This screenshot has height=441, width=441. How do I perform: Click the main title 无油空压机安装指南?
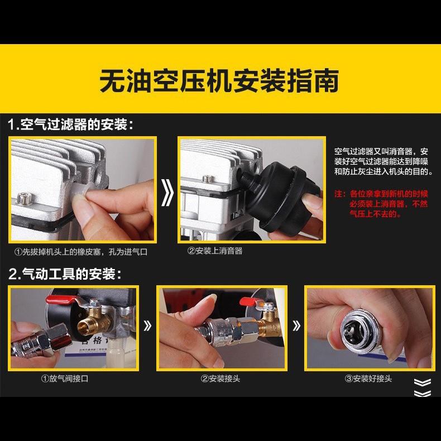219,80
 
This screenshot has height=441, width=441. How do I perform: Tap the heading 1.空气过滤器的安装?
71,124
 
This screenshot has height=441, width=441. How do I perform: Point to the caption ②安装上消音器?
215,251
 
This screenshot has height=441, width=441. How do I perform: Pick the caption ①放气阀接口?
65,378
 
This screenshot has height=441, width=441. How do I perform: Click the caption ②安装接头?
220,378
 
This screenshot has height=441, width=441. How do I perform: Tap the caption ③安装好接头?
368,378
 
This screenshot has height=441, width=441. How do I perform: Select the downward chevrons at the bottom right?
423,387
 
